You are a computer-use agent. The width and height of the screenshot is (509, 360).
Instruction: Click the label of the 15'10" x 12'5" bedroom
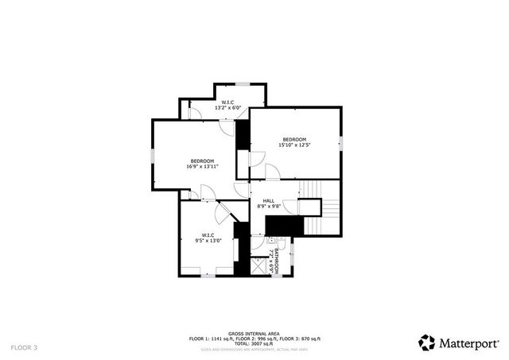pyautogui.click(x=293, y=142)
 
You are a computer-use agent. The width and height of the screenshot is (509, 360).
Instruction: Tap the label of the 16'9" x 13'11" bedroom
pyautogui.click(x=202, y=164)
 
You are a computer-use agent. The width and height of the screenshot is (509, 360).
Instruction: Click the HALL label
pyautogui.click(x=269, y=200)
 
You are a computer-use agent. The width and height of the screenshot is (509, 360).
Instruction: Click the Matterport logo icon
pyautogui.click(x=427, y=343)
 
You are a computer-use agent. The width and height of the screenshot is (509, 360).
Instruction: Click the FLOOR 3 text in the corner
pyautogui.click(x=24, y=347)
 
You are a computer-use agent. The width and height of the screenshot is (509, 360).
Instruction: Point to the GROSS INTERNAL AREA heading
pyautogui.click(x=254, y=334)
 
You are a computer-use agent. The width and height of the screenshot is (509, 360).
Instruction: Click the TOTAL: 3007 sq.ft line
pyautogui.click(x=254, y=343)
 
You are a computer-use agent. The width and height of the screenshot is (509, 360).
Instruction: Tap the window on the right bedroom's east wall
pyautogui.click(x=340, y=144)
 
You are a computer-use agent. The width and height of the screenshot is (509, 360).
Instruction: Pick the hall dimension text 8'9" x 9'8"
pyautogui.click(x=269, y=207)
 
